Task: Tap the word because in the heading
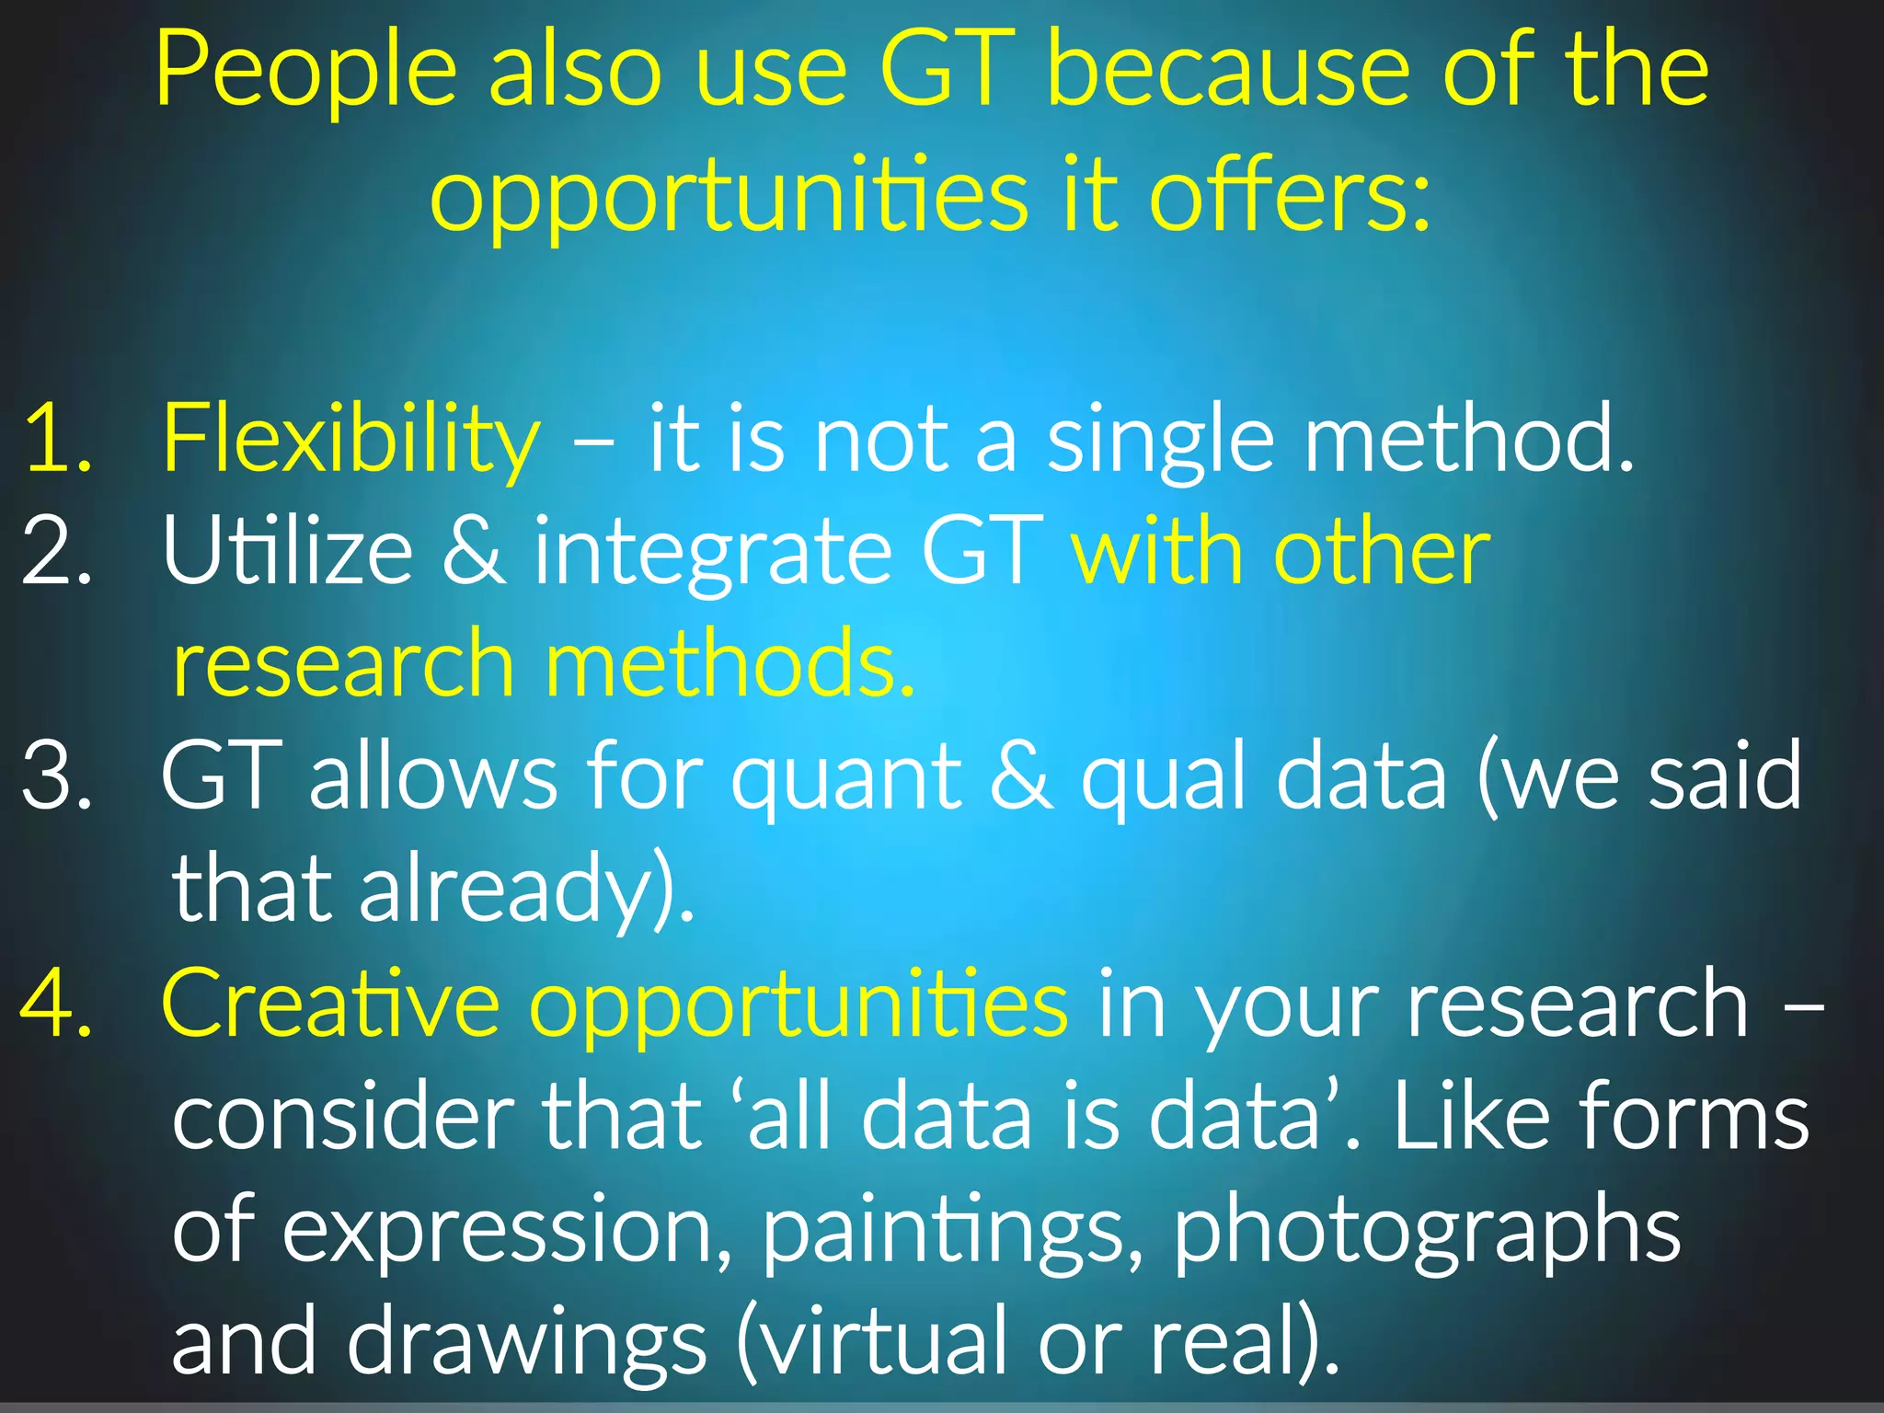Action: pyautogui.click(x=1228, y=70)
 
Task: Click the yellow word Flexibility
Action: pyautogui.click(x=350, y=441)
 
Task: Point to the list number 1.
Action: pyautogui.click(x=58, y=441)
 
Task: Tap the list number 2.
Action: pyautogui.click(x=57, y=552)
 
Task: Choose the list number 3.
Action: pyautogui.click(x=57, y=776)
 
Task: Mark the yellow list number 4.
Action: pyautogui.click(x=57, y=1003)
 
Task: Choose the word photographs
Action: pyautogui.click(x=1427, y=1233)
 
